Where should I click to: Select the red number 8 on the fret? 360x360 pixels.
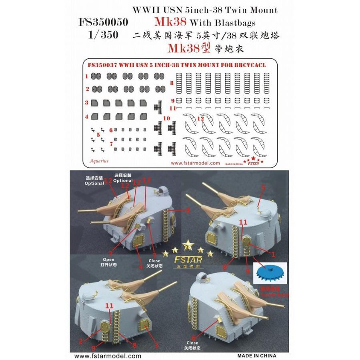click(x=172, y=84)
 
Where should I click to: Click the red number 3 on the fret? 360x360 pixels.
click(x=86, y=102)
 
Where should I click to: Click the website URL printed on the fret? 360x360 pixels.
click(x=195, y=163)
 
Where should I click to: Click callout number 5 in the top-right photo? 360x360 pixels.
click(x=263, y=187)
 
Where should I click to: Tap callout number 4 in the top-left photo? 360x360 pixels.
click(x=140, y=266)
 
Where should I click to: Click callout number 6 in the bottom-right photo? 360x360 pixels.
click(x=193, y=338)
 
